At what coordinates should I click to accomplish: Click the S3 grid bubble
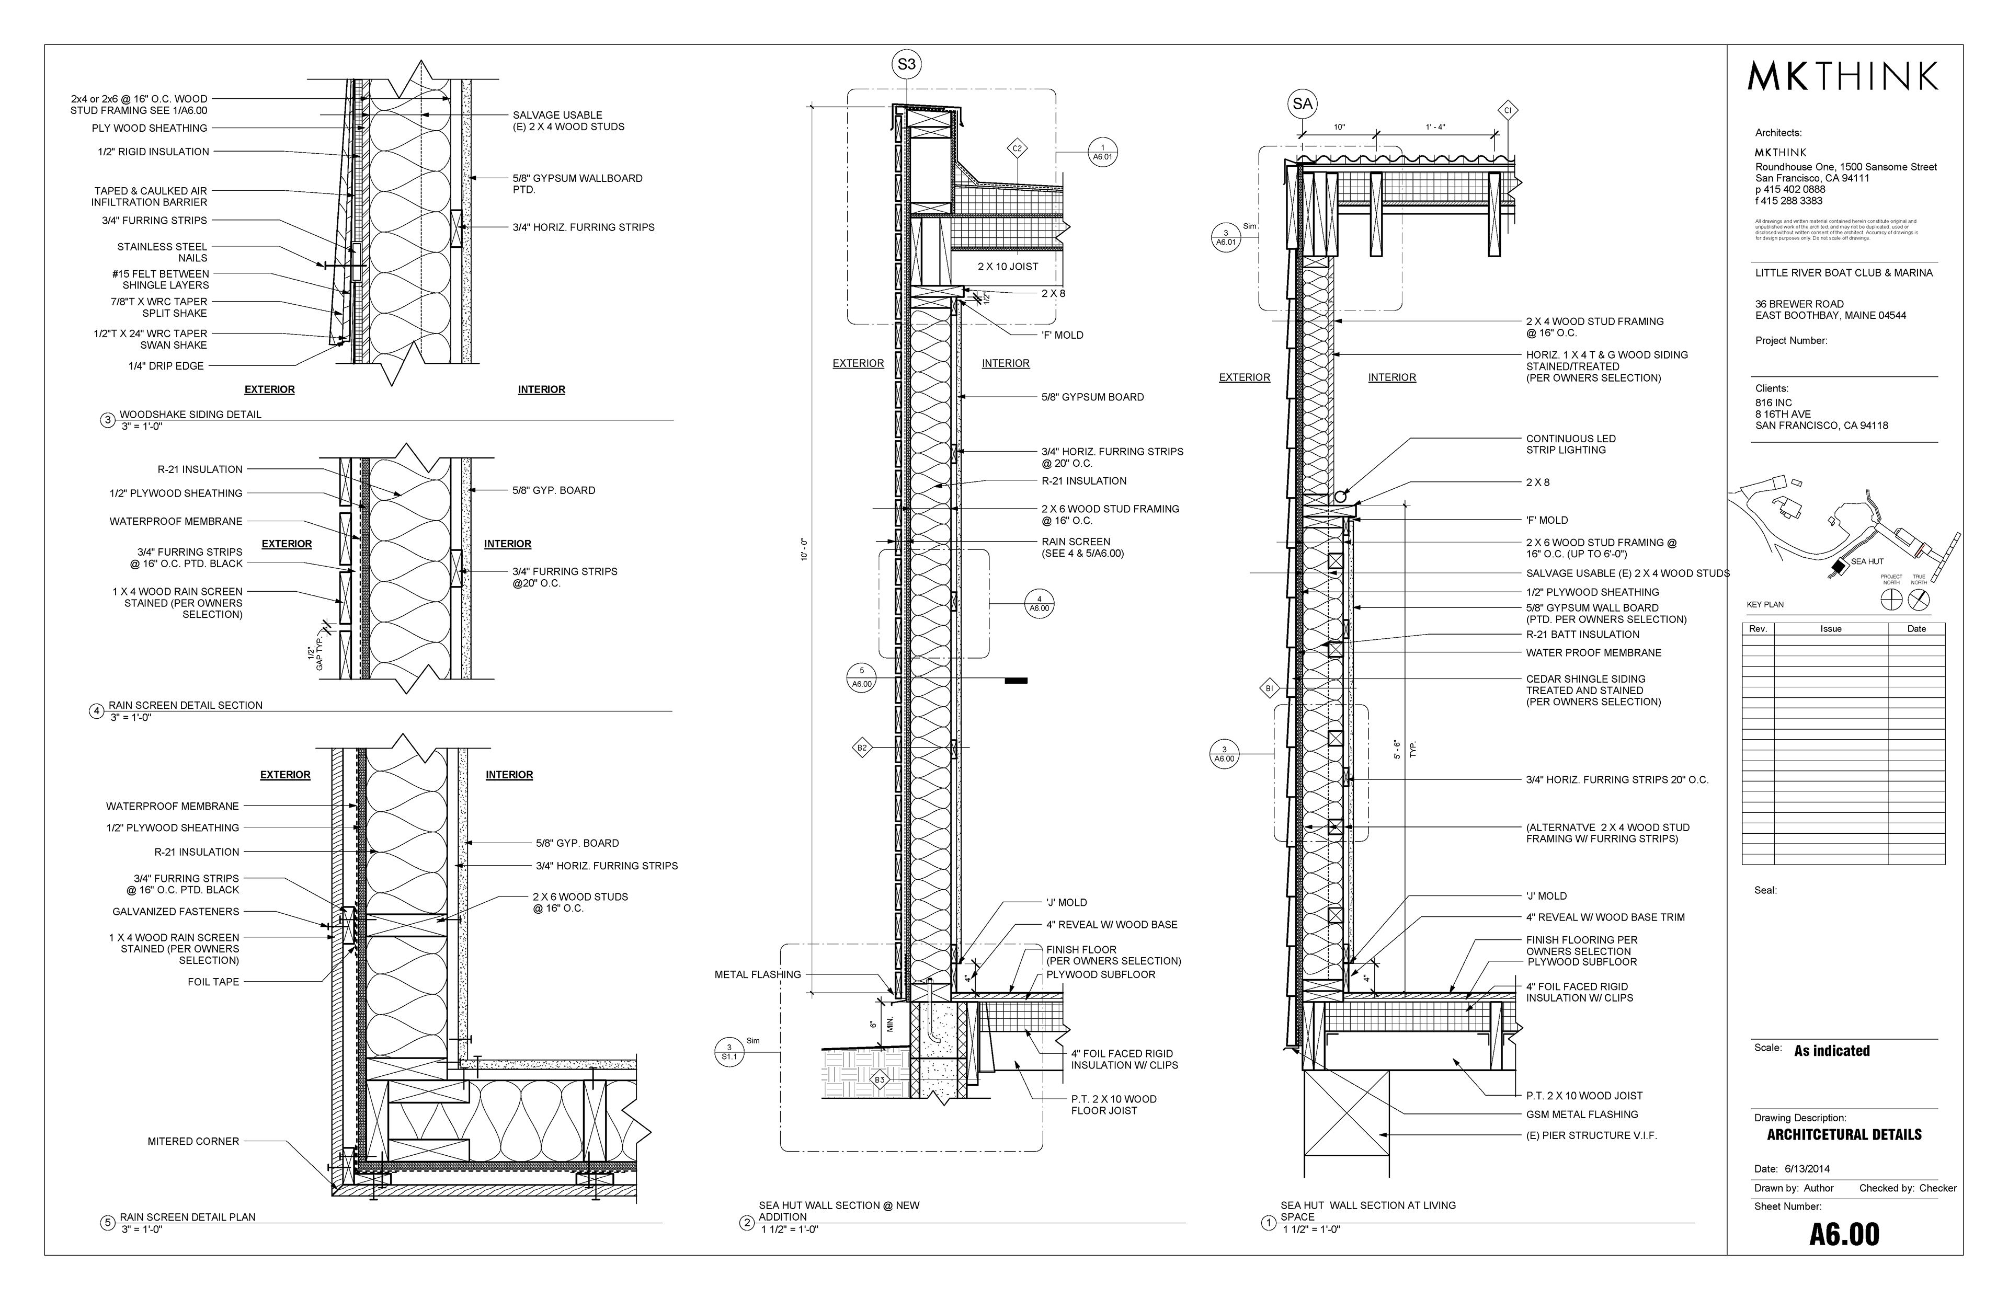coord(906,64)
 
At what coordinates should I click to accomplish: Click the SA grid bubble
coord(1303,104)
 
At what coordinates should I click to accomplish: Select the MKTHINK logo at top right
coord(1843,77)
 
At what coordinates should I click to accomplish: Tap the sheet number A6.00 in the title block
coord(1844,1234)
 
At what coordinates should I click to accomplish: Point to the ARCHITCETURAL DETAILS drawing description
coord(1844,1134)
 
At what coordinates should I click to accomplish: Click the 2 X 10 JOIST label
coord(1008,267)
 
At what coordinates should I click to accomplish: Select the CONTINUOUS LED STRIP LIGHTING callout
coord(1571,444)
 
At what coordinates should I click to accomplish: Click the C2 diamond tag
coord(1018,150)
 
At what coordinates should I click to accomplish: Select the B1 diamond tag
coord(1270,689)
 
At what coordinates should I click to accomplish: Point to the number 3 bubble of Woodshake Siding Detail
coord(107,420)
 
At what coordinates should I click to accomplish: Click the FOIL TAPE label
coord(213,982)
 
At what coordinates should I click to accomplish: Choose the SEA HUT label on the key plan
coord(1867,561)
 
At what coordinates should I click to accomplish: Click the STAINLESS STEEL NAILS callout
coord(162,252)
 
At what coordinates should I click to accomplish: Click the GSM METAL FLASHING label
coord(1582,1114)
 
